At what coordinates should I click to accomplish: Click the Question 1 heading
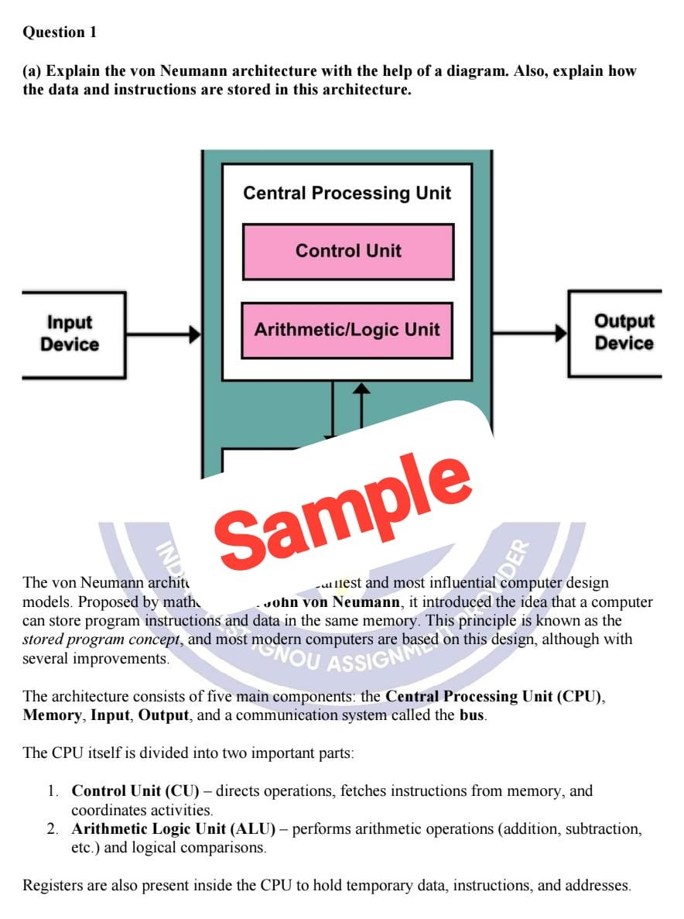point(60,32)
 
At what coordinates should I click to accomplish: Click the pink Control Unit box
point(348,251)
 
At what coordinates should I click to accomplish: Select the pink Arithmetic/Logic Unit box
point(347,330)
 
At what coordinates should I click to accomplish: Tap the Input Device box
point(70,334)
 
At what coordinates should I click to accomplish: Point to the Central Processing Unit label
point(347,193)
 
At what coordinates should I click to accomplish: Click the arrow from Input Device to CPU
point(162,334)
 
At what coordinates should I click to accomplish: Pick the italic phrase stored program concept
point(101,640)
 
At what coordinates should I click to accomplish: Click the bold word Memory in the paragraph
point(52,715)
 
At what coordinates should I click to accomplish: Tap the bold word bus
point(471,715)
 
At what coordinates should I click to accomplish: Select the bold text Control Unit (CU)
point(135,790)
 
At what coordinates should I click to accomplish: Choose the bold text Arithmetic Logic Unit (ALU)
point(173,829)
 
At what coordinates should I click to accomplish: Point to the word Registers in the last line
point(55,885)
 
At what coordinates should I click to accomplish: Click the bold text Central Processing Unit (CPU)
point(494,696)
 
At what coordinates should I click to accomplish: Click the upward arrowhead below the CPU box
point(361,389)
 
